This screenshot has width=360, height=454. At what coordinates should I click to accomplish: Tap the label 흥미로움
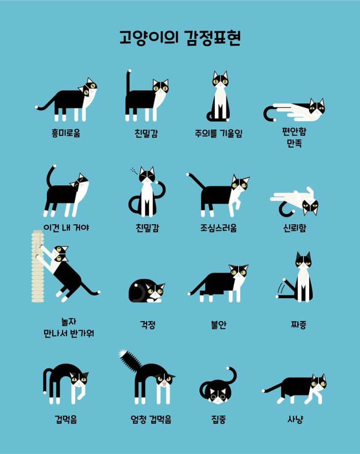pyautogui.click(x=66, y=133)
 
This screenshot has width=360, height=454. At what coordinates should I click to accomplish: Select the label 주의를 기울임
pyautogui.click(x=218, y=133)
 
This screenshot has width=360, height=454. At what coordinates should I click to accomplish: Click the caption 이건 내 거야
pyautogui.click(x=66, y=227)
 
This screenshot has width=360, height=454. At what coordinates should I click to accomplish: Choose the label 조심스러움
pyautogui.click(x=218, y=228)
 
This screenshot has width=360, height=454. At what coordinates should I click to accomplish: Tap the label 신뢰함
pyautogui.click(x=294, y=228)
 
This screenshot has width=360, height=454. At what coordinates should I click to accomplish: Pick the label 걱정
pyautogui.click(x=148, y=324)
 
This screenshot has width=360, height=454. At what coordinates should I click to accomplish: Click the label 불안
pyautogui.click(x=219, y=324)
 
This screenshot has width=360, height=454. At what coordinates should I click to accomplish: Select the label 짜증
pyautogui.click(x=298, y=324)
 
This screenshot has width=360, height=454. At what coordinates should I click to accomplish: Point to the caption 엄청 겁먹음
pyautogui.click(x=151, y=419)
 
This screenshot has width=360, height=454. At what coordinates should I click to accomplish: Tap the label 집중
pyautogui.click(x=219, y=419)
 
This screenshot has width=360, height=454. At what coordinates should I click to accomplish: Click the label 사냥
pyautogui.click(x=295, y=419)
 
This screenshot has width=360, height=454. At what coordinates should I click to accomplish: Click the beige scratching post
pyautogui.click(x=38, y=266)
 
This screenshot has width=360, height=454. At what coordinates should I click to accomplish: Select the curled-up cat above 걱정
pyautogui.click(x=146, y=291)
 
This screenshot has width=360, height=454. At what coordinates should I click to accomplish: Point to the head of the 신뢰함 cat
pyautogui.click(x=310, y=207)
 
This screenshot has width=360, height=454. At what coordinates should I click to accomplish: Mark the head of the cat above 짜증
pyautogui.click(x=303, y=259)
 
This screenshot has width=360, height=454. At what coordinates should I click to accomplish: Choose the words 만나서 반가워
pyautogui.click(x=68, y=333)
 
